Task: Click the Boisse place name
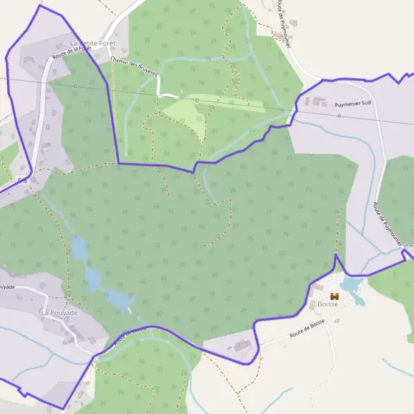pyautogui.click(x=328, y=304)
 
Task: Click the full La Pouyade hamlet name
pyautogui.click(x=59, y=313)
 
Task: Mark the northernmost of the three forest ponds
pyautogui.click(x=80, y=247)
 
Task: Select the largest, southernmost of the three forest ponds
pyautogui.click(x=119, y=300)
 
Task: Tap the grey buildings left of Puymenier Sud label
pyautogui.click(x=319, y=102)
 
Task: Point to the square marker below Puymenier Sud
pyautogui.click(x=339, y=116)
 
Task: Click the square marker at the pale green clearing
pyautogui.click(x=197, y=100)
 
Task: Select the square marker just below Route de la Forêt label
pyautogui.click(x=75, y=86)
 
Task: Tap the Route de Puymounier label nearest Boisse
pyautogui.click(x=388, y=224)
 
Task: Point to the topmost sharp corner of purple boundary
pyautogui.click(x=41, y=6)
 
